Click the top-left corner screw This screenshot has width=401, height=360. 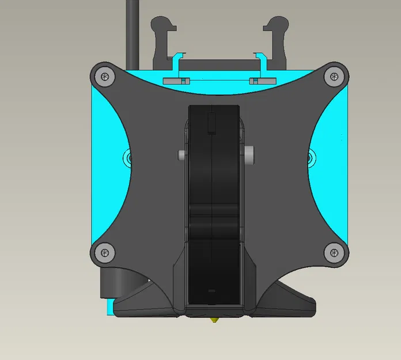pos(104,75)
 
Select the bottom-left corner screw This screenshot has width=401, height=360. pos(104,251)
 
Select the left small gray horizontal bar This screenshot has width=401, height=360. pos(176,81)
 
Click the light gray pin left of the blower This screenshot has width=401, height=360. pos(181,155)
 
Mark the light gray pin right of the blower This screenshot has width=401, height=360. pos(249,155)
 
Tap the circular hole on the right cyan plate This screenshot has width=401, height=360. pos(312,156)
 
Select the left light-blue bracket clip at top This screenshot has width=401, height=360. pos(177,65)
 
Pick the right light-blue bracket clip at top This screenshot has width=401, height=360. pos(260,65)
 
